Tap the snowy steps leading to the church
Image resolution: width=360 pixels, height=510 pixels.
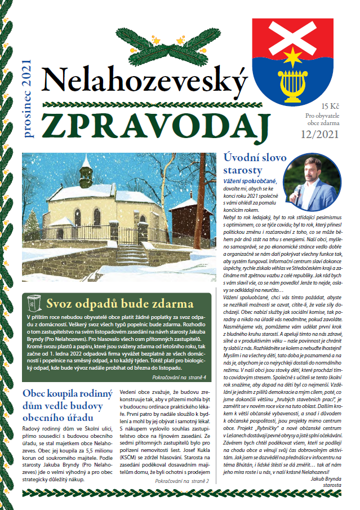133,254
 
